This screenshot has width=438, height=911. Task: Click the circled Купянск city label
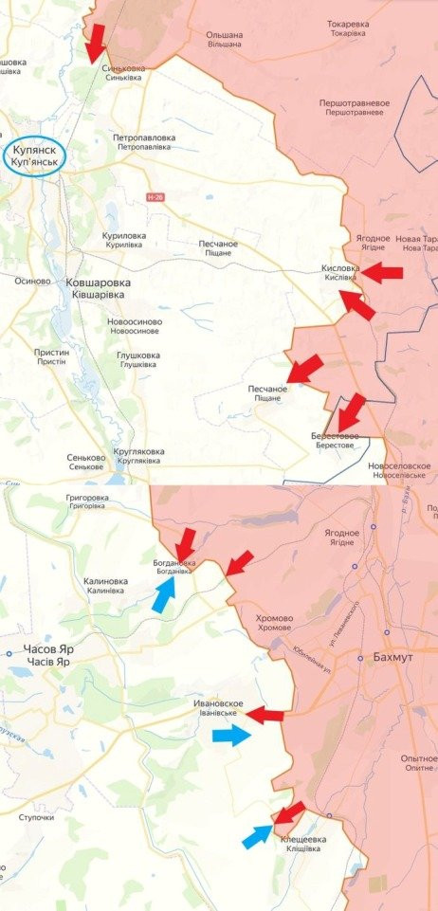pyautogui.click(x=35, y=156)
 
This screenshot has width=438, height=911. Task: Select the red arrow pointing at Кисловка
pyautogui.click(x=382, y=273)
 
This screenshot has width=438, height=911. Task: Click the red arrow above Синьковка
pyautogui.click(x=96, y=43)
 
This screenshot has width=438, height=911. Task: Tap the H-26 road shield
pyautogui.click(x=155, y=196)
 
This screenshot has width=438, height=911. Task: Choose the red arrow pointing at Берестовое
pyautogui.click(x=352, y=410)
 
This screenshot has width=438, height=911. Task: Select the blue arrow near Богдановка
pyautogui.click(x=164, y=594)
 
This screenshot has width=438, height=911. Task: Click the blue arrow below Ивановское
pyautogui.click(x=231, y=735)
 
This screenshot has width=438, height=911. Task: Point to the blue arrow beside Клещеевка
pyautogui.click(x=257, y=836)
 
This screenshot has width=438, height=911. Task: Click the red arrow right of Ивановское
pyautogui.click(x=265, y=715)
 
